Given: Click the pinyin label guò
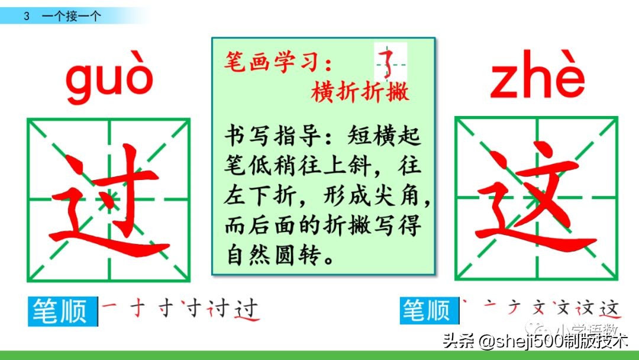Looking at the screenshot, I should pyautogui.click(x=109, y=82).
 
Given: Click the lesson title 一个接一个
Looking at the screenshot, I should pyautogui.click(x=71, y=17).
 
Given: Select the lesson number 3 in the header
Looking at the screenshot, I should pyautogui.click(x=27, y=17).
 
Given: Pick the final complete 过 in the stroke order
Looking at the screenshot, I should pyautogui.click(x=247, y=310).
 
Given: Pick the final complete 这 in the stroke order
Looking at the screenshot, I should pyautogui.click(x=608, y=308).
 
